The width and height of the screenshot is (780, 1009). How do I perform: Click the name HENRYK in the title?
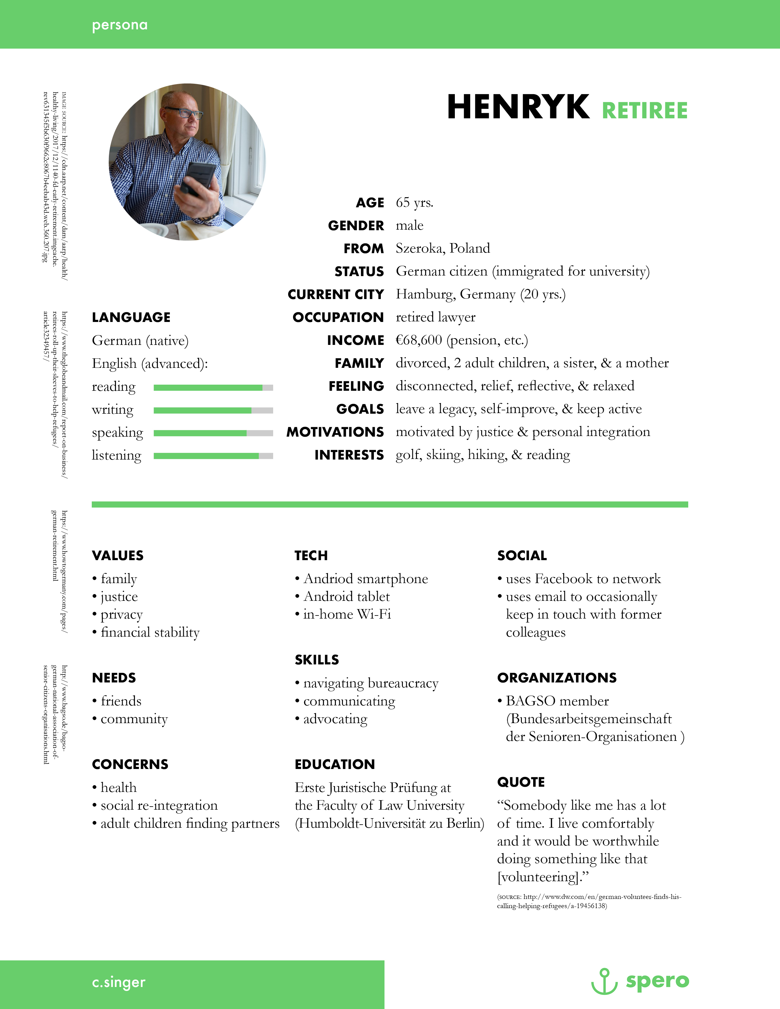pyautogui.click(x=518, y=107)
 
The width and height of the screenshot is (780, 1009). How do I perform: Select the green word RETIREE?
pyautogui.click(x=644, y=111)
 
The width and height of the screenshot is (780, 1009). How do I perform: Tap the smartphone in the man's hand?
pyautogui.click(x=199, y=178)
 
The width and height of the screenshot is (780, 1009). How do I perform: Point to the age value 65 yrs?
pyautogui.click(x=414, y=202)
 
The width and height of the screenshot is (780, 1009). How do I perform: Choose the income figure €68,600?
pyautogui.click(x=419, y=340)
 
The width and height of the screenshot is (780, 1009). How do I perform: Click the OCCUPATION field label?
pyautogui.click(x=338, y=317)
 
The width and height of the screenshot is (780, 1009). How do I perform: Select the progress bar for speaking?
pyautogui.click(x=213, y=433)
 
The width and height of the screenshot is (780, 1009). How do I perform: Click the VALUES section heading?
pyautogui.click(x=117, y=555)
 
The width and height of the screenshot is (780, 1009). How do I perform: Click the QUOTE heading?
pyautogui.click(x=521, y=782)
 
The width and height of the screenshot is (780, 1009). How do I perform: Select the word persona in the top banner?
pyautogui.click(x=120, y=25)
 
